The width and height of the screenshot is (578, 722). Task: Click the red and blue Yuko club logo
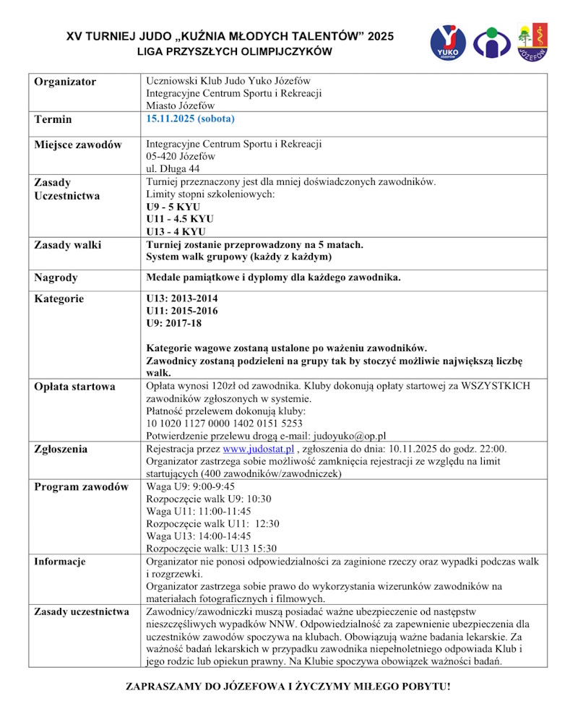[448, 43]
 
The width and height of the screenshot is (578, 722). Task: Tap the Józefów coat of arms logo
[532, 42]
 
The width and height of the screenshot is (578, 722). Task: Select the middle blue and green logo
[491, 43]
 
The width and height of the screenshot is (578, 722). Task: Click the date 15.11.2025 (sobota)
[191, 119]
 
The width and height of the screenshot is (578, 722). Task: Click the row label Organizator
[65, 82]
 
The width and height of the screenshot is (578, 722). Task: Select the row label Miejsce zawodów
[78, 145]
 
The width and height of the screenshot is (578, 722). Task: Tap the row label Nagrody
[56, 278]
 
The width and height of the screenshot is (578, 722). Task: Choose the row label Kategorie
[59, 298]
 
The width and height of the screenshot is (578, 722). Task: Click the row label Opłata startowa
[74, 387]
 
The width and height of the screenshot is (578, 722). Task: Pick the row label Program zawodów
[81, 486]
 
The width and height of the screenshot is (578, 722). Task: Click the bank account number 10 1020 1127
[224, 424]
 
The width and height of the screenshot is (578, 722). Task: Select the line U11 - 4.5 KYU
[180, 219]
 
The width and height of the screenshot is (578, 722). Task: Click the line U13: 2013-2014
[182, 298]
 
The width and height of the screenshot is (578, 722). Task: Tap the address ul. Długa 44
[173, 168]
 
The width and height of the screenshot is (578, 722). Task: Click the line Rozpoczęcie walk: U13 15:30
[212, 549]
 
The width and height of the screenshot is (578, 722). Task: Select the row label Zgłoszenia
[61, 449]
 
